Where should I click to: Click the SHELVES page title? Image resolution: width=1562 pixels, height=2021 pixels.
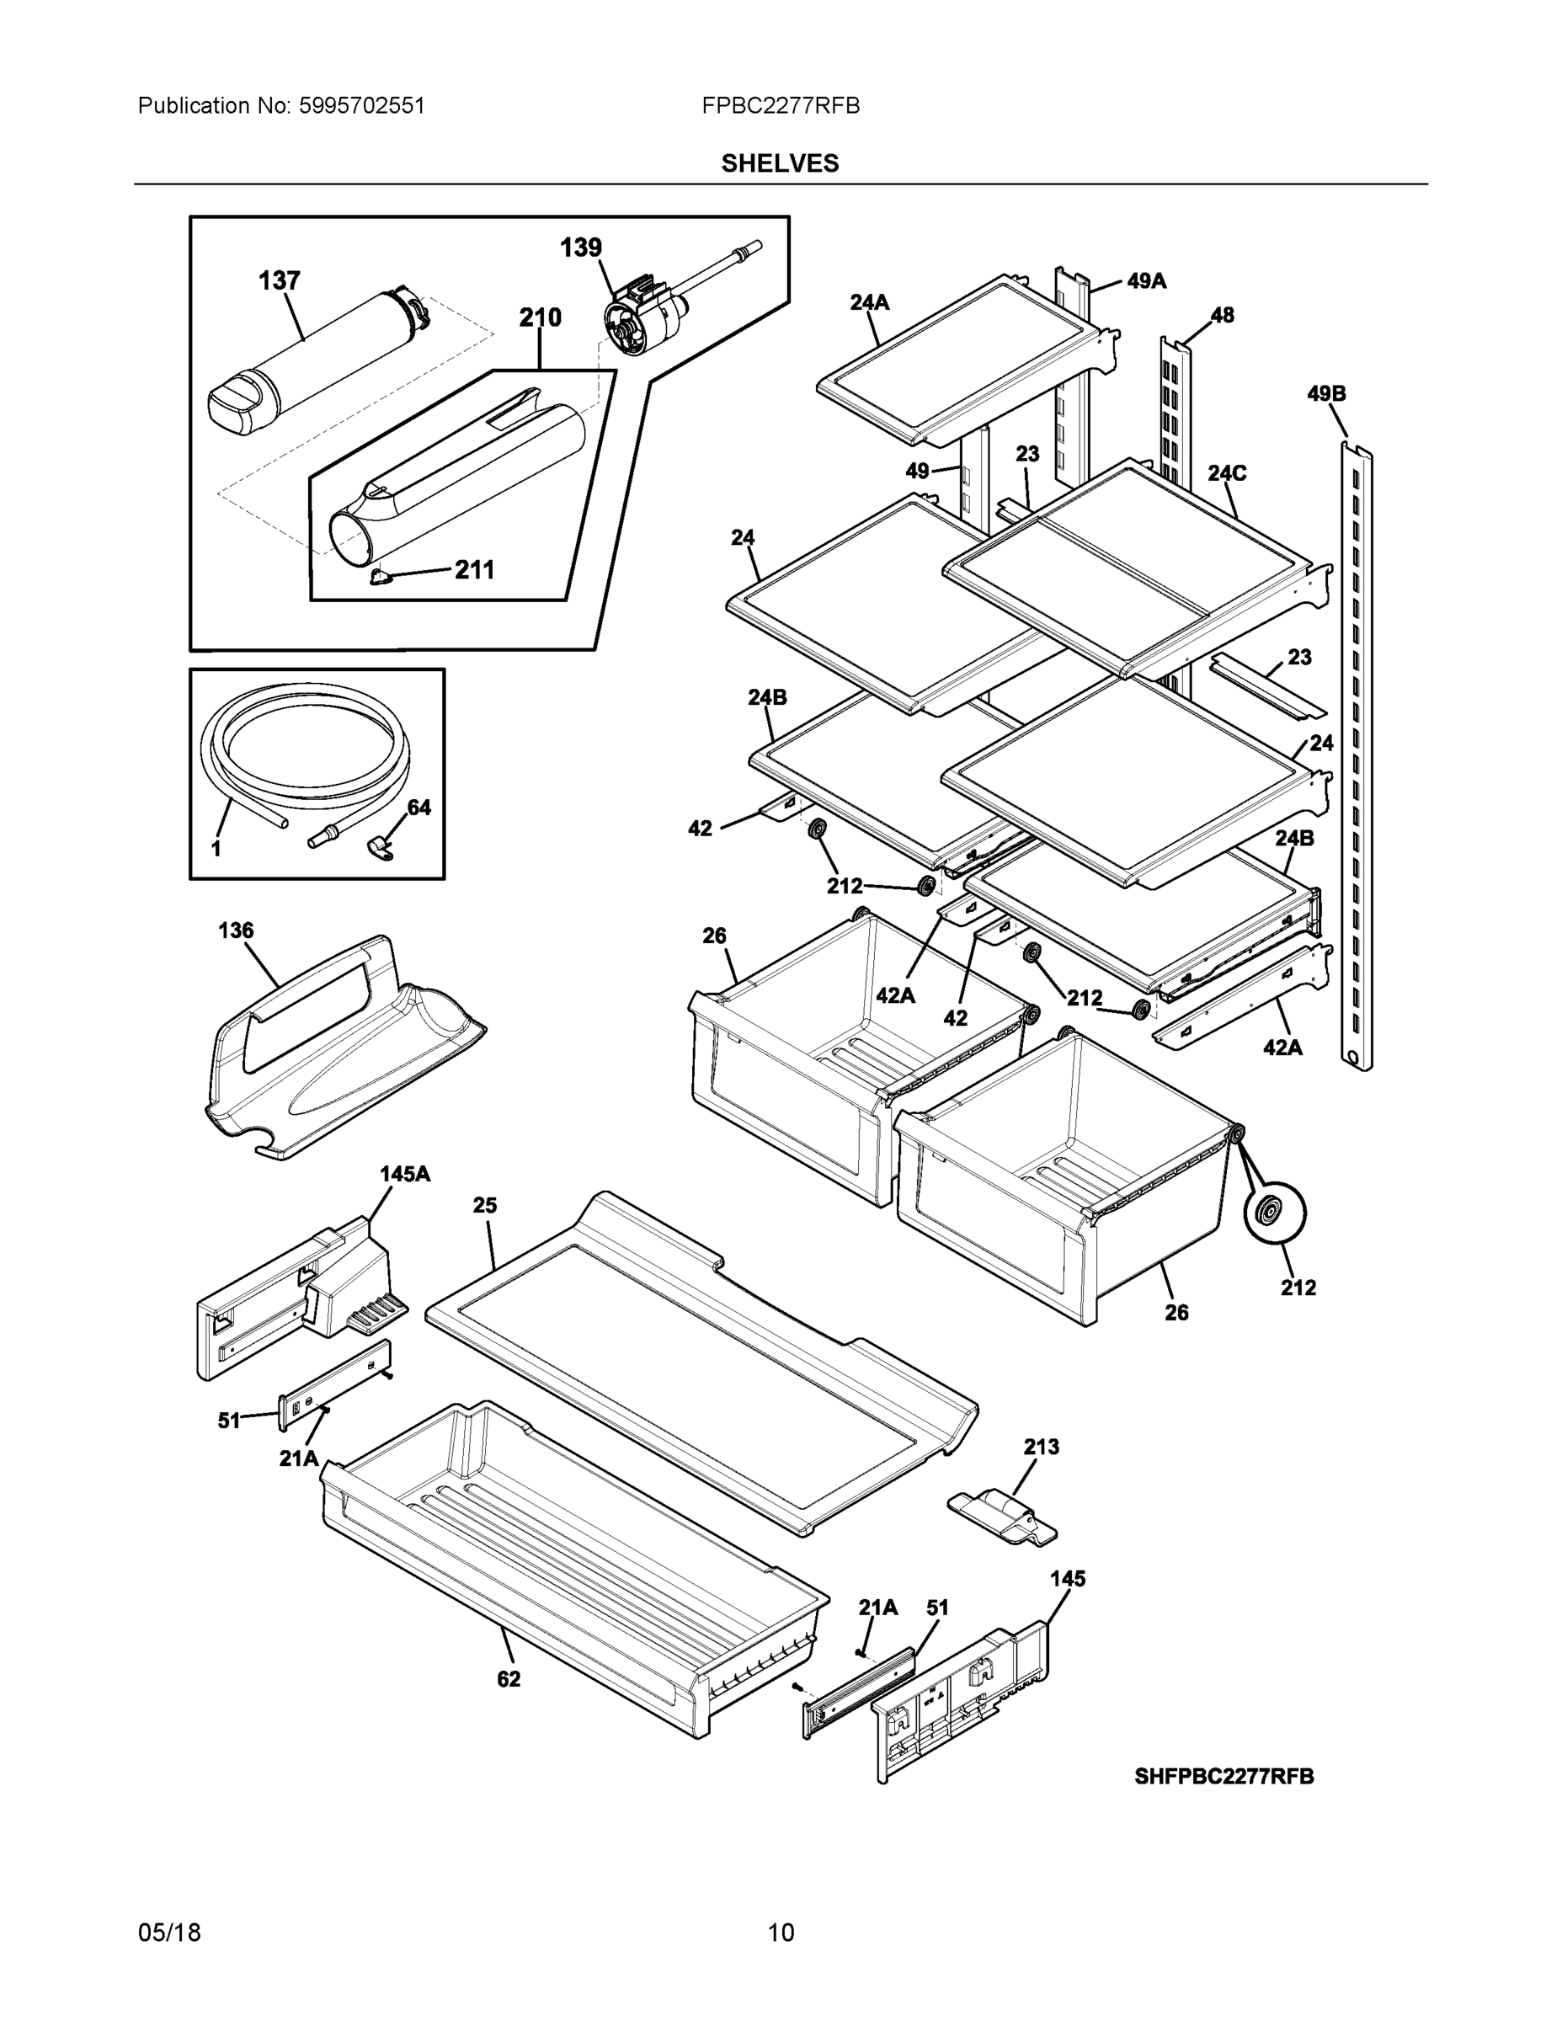(x=779, y=164)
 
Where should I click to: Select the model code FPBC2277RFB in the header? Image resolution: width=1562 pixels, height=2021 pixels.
(x=780, y=106)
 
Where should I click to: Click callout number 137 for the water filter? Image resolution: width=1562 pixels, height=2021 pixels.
(x=279, y=280)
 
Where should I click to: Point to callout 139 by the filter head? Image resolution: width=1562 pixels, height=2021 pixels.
(x=580, y=248)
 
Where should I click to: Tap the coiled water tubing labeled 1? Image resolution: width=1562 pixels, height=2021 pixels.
(x=306, y=749)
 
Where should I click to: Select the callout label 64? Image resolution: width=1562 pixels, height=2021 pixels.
(x=419, y=808)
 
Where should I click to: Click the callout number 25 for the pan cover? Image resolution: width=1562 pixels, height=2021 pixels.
(x=485, y=1205)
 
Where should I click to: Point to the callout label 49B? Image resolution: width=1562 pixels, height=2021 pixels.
(x=1326, y=393)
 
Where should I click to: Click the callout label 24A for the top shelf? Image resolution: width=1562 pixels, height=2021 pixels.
(x=869, y=301)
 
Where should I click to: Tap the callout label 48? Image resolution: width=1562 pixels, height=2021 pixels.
(x=1222, y=315)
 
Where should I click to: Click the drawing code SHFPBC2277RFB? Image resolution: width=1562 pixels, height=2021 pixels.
(x=1223, y=1776)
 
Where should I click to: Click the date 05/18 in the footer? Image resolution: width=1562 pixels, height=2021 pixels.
(x=169, y=1933)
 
